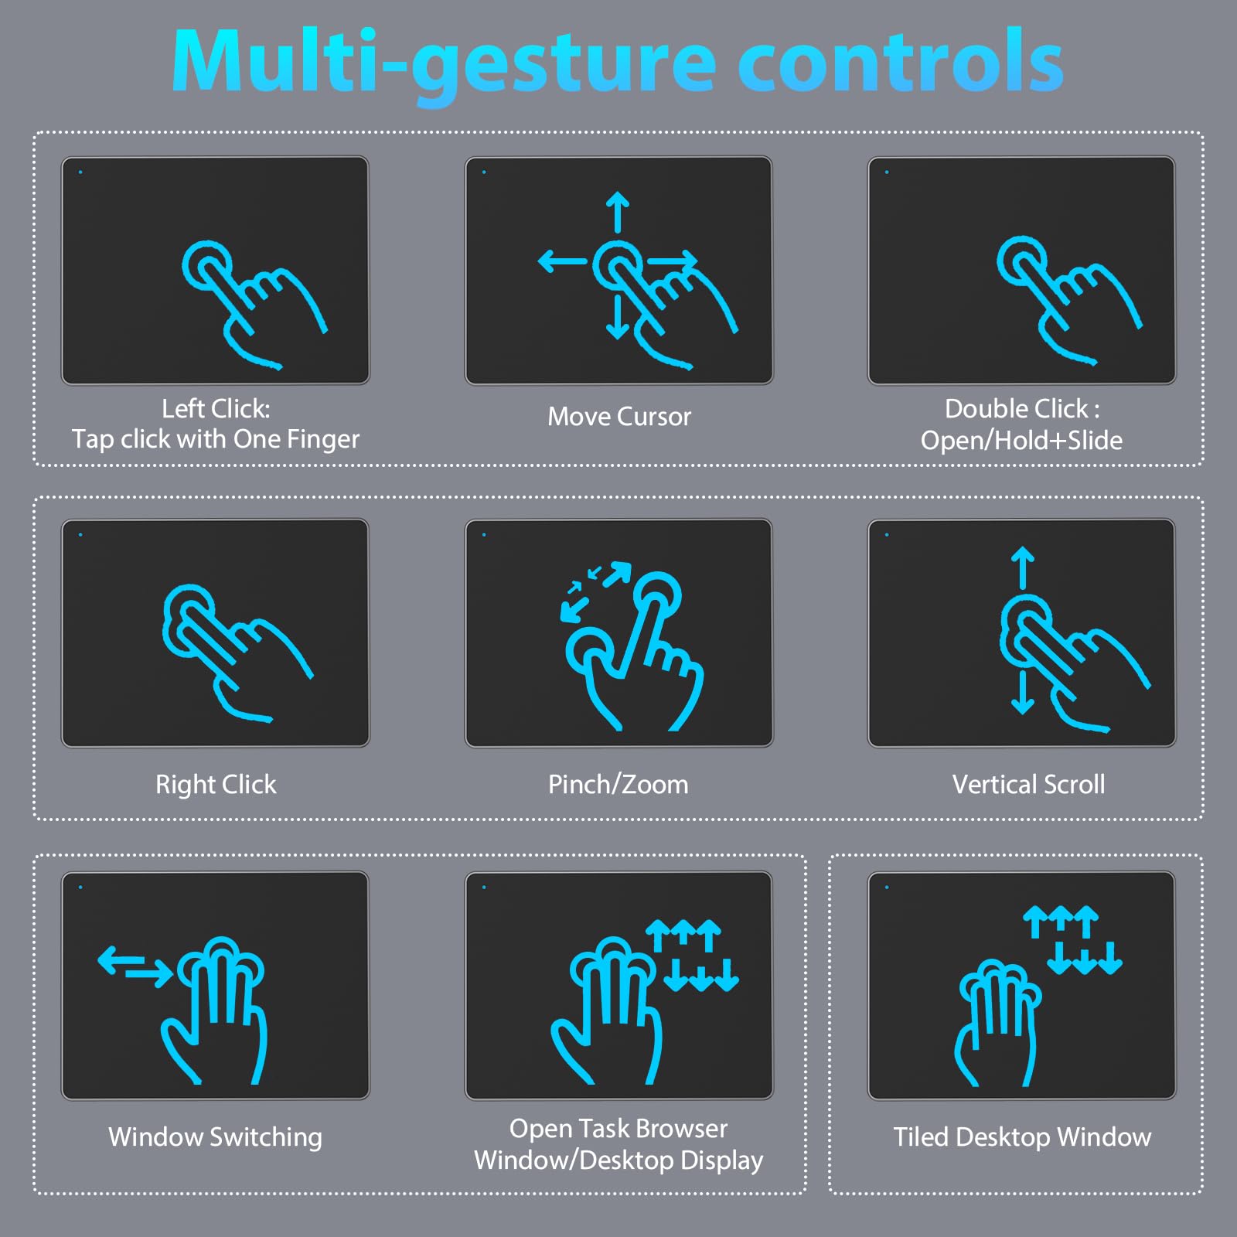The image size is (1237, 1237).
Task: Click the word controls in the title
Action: point(901,62)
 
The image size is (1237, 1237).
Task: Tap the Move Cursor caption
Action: point(619,417)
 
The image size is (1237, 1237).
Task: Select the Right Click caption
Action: point(216,785)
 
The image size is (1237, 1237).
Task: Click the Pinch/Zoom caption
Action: point(618,785)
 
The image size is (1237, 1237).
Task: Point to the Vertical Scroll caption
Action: point(1028,785)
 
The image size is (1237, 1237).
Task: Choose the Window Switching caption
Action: point(215,1137)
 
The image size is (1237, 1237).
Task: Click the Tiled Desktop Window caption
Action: point(1022,1137)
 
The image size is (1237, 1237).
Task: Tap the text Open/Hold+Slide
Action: point(1021,441)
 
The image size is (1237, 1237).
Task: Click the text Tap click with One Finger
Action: point(216,439)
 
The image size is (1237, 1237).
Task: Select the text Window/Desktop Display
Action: point(618,1160)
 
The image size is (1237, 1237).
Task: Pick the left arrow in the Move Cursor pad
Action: point(561,261)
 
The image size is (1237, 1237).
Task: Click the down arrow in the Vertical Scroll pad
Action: point(1022,693)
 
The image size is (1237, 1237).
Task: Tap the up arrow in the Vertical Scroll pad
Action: point(1022,567)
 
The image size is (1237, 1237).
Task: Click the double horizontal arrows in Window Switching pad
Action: point(135,965)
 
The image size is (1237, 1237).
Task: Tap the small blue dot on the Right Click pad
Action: point(80,535)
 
